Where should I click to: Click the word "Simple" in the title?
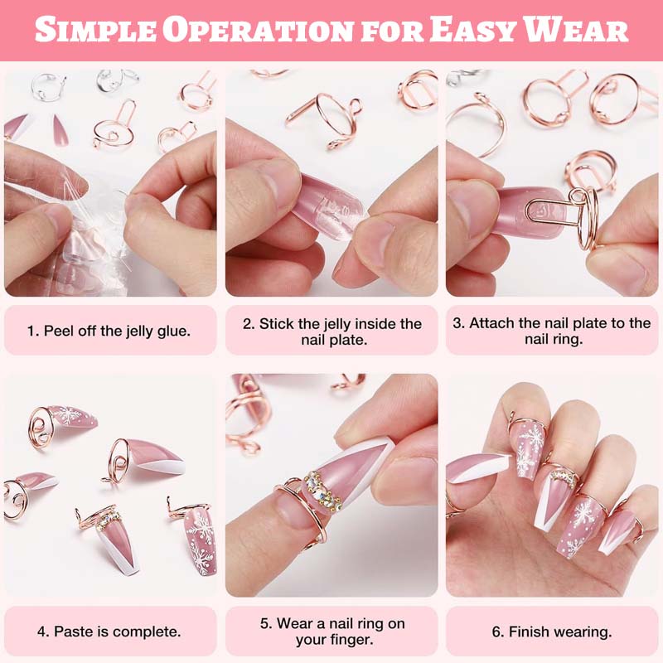(95, 30)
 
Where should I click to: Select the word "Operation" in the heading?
(258, 30)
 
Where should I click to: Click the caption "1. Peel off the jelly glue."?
(109, 331)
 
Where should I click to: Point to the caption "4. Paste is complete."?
(109, 632)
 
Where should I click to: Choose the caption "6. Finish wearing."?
(552, 632)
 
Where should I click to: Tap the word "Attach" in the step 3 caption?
(491, 323)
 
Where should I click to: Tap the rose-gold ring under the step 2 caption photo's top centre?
(326, 119)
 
